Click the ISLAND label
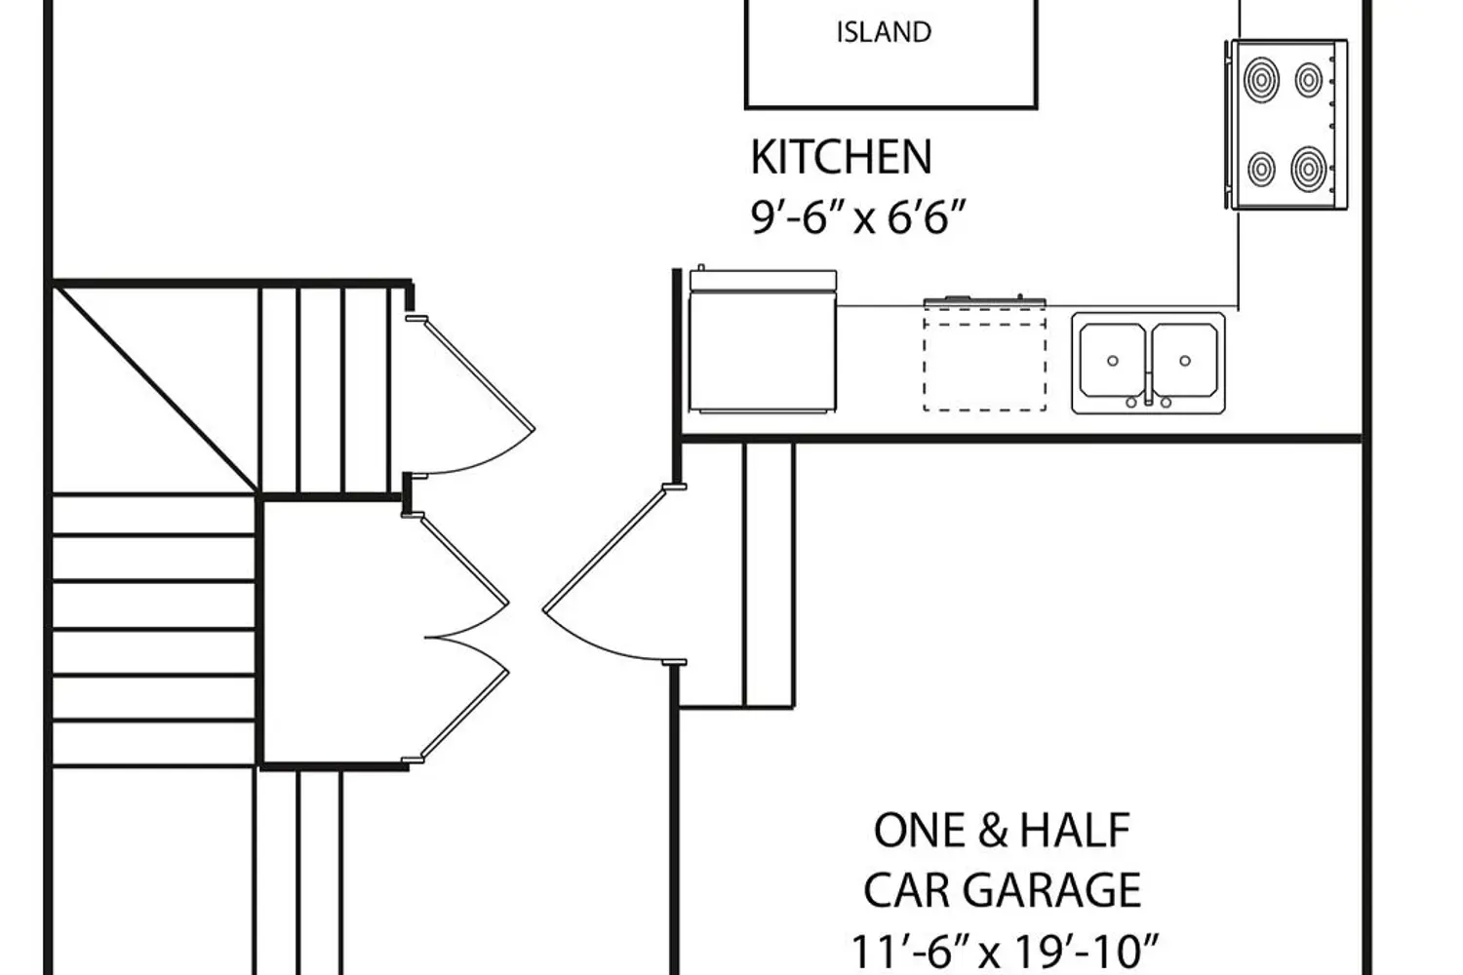click(x=885, y=32)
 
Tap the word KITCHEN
click(x=841, y=157)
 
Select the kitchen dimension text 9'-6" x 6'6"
click(x=857, y=217)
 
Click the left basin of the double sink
click(x=1112, y=361)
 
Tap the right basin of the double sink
click(x=1185, y=361)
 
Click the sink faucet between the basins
click(x=1148, y=391)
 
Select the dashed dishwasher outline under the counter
click(x=985, y=360)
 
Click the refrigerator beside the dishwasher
click(x=763, y=341)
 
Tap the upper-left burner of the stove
click(x=1261, y=80)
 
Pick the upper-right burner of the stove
click(x=1309, y=80)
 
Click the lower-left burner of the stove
click(x=1261, y=169)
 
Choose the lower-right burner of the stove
click(x=1309, y=169)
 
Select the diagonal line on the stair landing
click(x=155, y=388)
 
